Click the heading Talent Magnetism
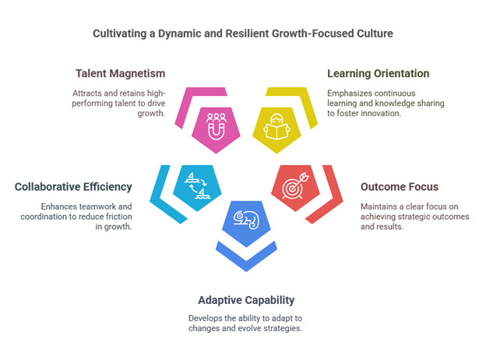tap(121, 74)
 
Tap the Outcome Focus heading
tap(399, 187)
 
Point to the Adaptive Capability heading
tap(246, 300)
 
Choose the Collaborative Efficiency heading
tap(72, 187)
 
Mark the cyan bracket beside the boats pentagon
tap(159, 195)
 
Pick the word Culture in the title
tap(375, 34)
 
